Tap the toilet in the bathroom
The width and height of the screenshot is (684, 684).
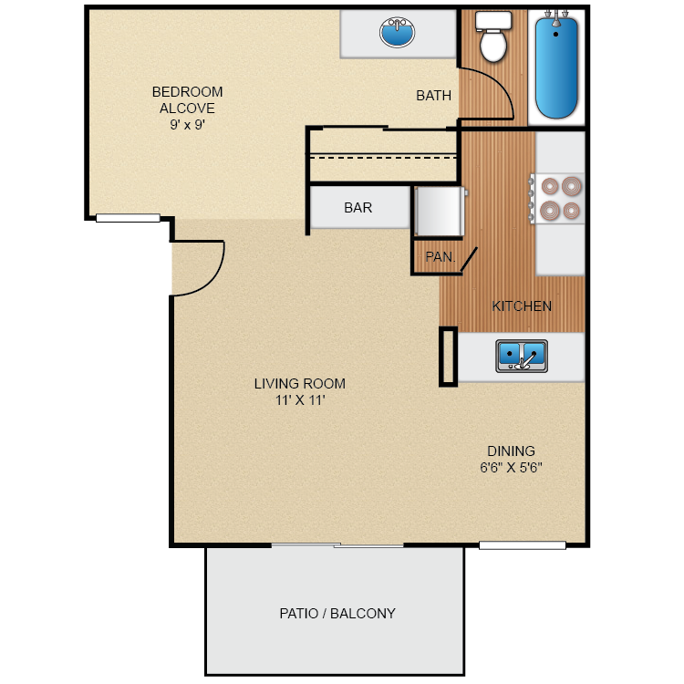[493, 38]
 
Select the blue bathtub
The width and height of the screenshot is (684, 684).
[556, 68]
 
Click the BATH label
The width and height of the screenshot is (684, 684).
[433, 96]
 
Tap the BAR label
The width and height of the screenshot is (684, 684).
[358, 208]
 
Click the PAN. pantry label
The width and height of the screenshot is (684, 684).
[440, 257]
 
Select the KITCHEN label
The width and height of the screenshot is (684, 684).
[522, 306]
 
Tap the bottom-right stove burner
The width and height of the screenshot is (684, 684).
[571, 211]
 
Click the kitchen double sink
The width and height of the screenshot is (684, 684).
[522, 355]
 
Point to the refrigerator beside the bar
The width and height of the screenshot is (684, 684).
[440, 212]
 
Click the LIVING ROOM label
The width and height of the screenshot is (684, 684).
[299, 384]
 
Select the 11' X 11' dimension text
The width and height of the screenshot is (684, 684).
[299, 400]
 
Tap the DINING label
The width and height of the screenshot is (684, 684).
[511, 451]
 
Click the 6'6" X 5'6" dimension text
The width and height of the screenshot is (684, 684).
[511, 468]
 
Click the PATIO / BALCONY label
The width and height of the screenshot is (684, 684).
[337, 614]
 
